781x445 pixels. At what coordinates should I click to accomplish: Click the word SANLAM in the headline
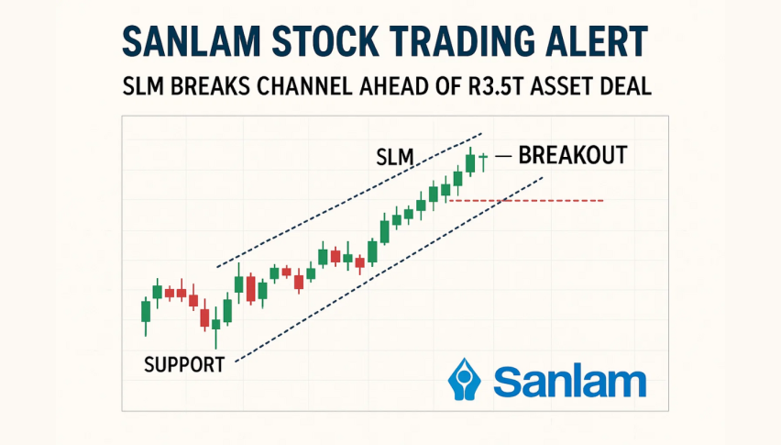[192, 41]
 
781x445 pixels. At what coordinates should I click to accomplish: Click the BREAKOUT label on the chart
[573, 155]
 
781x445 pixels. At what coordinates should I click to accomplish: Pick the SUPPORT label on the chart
[184, 365]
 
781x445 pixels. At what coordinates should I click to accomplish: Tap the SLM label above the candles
[395, 158]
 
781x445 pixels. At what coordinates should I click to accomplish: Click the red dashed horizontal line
[526, 201]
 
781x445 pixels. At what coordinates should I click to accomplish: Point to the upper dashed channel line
[349, 200]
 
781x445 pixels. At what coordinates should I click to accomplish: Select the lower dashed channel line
[389, 269]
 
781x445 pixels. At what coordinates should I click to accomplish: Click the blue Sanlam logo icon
[464, 379]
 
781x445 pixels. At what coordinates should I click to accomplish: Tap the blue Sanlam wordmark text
[570, 383]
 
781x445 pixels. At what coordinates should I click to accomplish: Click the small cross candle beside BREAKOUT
[483, 162]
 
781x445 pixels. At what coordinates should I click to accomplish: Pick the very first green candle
[146, 317]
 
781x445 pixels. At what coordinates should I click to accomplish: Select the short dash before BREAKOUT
[503, 157]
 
